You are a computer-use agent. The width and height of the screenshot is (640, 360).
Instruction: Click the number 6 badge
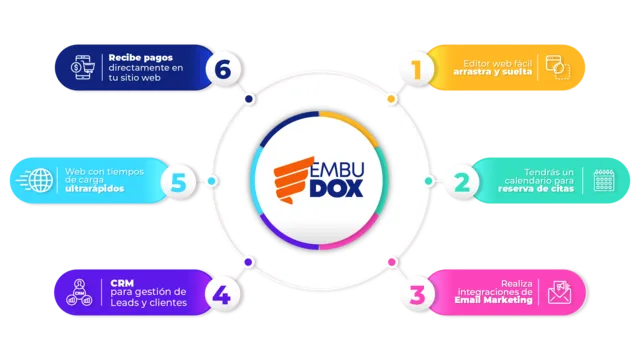pyautogui.click(x=223, y=69)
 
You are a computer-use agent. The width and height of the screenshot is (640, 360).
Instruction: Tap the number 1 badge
pyautogui.click(x=416, y=69)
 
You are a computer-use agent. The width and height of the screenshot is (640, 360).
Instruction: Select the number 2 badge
pyautogui.click(x=462, y=182)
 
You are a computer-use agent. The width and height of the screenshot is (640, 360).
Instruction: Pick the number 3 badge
pyautogui.click(x=417, y=295)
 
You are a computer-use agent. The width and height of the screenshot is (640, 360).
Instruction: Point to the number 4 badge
pyautogui.click(x=222, y=294)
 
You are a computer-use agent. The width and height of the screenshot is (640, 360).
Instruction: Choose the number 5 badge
pyautogui.click(x=178, y=182)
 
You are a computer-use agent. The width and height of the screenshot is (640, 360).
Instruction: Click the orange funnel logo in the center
pyautogui.click(x=293, y=180)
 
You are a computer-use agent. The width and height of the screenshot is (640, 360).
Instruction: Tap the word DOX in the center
pyautogui.click(x=336, y=189)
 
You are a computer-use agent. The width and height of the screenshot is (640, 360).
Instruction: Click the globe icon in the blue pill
pyautogui.click(x=41, y=180)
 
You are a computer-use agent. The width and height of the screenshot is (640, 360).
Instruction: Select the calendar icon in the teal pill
pyautogui.click(x=604, y=180)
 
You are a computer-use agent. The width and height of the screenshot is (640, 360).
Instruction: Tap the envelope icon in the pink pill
pyautogui.click(x=560, y=292)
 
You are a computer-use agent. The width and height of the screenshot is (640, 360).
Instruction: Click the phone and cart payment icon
pyautogui.click(x=82, y=67)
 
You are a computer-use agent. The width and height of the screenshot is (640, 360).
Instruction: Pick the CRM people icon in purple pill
pyautogui.click(x=79, y=292)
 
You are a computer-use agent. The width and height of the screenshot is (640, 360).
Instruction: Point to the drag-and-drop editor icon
pyautogui.click(x=558, y=67)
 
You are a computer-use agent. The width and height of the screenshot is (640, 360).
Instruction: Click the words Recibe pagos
pyautogui.click(x=140, y=58)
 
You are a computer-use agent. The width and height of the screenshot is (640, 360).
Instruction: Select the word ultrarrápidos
pyautogui.click(x=94, y=189)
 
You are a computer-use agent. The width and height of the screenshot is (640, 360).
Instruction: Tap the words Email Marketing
pyautogui.click(x=493, y=300)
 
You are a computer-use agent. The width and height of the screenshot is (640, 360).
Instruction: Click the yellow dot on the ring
pyautogui.click(x=391, y=99)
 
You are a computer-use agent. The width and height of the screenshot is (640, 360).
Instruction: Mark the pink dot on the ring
pyautogui.click(x=392, y=262)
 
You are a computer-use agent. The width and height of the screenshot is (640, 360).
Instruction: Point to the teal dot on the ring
pyautogui.click(x=429, y=181)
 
